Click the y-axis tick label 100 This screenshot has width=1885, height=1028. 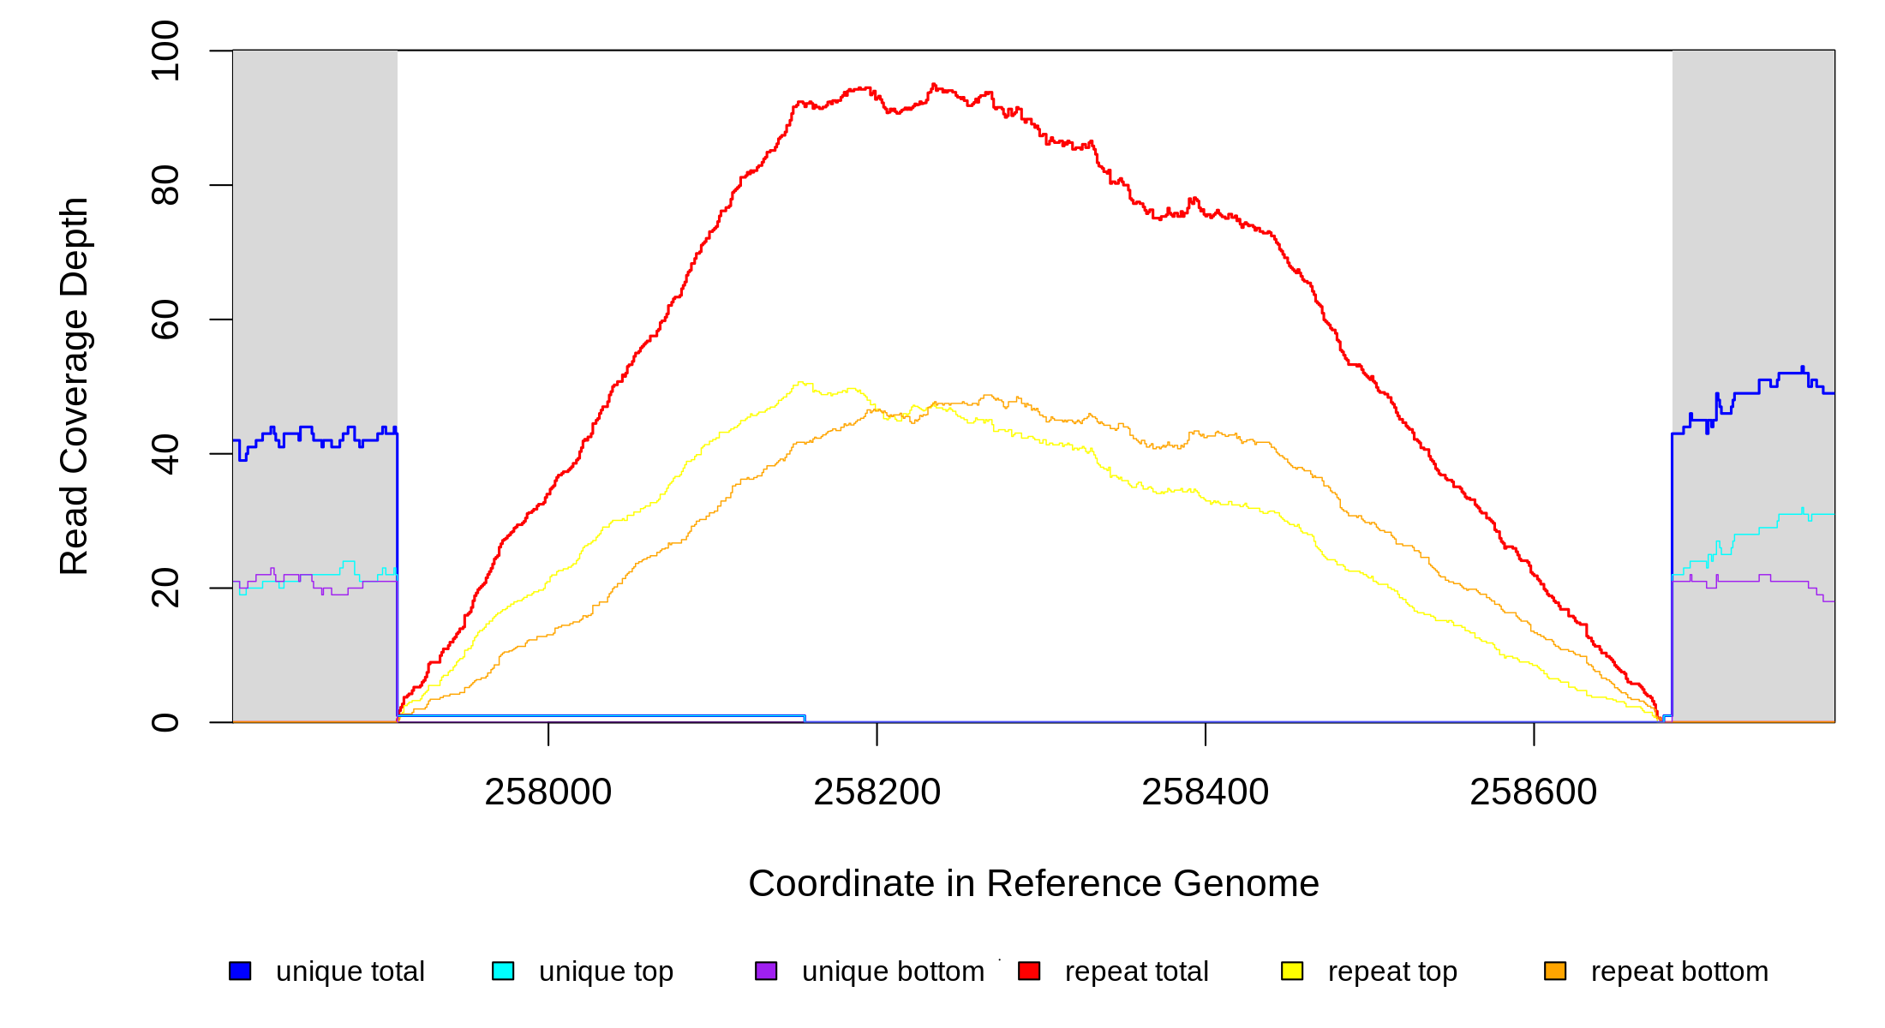point(165,51)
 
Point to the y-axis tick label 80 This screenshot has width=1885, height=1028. point(165,185)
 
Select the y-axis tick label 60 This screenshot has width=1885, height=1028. point(165,320)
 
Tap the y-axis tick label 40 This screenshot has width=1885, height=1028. point(165,454)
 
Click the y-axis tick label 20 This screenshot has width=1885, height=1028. point(165,588)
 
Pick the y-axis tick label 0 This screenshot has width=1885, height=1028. point(165,722)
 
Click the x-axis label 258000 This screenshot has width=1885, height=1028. point(548,792)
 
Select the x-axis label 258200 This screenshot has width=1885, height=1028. point(877,792)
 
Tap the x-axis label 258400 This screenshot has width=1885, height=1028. point(1206,792)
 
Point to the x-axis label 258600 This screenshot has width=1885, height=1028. point(1534,792)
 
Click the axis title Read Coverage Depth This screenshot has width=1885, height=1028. point(75,385)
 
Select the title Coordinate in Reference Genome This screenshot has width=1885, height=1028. point(1033,883)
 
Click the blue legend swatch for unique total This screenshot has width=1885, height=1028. point(240,971)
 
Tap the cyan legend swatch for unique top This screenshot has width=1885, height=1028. point(503,971)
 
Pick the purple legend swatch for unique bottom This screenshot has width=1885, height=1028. point(766,971)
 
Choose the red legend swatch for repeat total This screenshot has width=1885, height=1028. point(1029,971)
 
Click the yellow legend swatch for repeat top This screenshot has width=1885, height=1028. point(1292,971)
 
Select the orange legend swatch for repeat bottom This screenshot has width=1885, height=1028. point(1555,971)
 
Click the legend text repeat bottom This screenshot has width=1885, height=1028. point(1679,971)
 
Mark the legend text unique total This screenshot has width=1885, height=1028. point(350,971)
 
